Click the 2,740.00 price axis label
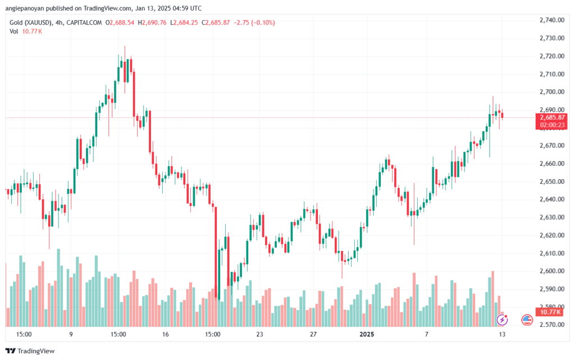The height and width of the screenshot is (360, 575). click(x=552, y=20)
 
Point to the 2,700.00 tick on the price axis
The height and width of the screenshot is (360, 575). click(x=552, y=92)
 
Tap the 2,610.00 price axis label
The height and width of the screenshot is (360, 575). click(x=552, y=253)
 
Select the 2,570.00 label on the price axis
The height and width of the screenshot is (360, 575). click(x=552, y=325)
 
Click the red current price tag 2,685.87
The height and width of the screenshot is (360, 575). click(x=552, y=117)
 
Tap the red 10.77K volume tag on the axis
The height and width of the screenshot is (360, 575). click(x=550, y=312)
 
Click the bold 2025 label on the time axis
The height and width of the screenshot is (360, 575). click(x=367, y=334)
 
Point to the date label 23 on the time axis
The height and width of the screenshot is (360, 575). click(x=259, y=334)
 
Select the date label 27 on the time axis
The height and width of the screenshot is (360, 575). click(x=313, y=334)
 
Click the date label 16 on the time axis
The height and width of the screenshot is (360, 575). click(x=166, y=334)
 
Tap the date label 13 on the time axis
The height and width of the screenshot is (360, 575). click(x=502, y=334)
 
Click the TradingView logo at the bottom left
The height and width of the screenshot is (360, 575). click(x=30, y=351)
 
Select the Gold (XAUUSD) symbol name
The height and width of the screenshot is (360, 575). click(x=31, y=22)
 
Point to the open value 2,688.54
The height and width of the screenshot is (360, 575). click(x=122, y=22)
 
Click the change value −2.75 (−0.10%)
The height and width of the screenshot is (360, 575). click(x=254, y=22)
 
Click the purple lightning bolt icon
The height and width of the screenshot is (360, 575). click(x=502, y=320)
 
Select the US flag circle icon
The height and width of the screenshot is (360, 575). click(x=527, y=320)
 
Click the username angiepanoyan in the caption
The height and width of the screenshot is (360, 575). click(x=25, y=8)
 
